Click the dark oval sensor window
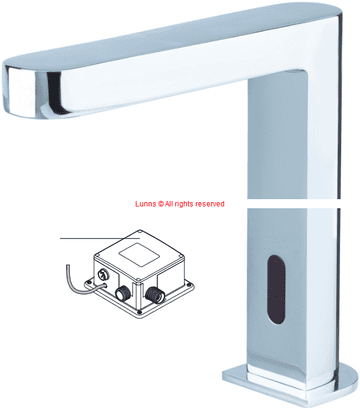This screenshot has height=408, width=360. point(276,290)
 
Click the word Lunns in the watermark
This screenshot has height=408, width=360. point(146,204)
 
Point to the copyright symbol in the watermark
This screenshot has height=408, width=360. point(161,204)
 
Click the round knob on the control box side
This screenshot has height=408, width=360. point(101,275)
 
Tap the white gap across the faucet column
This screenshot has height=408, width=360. point(294,204)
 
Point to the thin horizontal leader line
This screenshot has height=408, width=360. point(100,238)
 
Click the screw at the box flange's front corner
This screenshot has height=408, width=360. point(139,312)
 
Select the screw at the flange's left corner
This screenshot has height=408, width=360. point(88,283)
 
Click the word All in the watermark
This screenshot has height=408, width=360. point(169,204)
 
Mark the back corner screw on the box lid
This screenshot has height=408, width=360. point(140,231)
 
